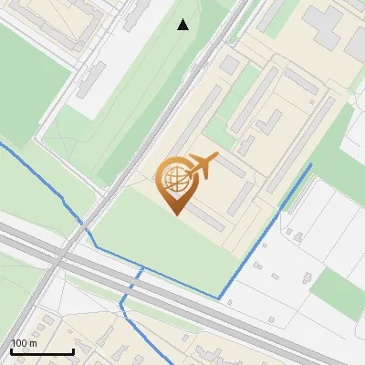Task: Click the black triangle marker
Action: click(183, 25)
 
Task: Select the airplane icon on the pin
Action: click(202, 165)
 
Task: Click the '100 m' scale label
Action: click(24, 343)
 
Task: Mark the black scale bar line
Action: click(42, 351)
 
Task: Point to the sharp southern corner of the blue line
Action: click(220, 297)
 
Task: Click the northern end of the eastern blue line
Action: click(311, 164)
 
